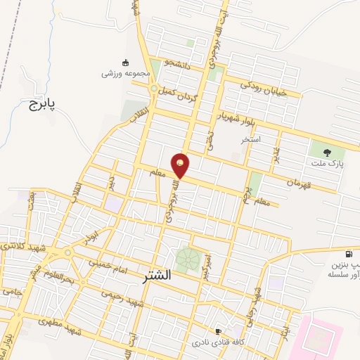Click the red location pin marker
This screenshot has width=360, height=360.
181,165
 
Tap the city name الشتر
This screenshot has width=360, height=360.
161,274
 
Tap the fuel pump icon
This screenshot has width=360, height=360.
349,254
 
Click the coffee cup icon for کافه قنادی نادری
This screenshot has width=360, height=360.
218,331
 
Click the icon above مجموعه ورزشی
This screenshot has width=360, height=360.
126,62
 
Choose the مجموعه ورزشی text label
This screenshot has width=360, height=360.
126,74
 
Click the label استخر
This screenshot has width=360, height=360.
251,139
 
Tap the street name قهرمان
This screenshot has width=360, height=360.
302,181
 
